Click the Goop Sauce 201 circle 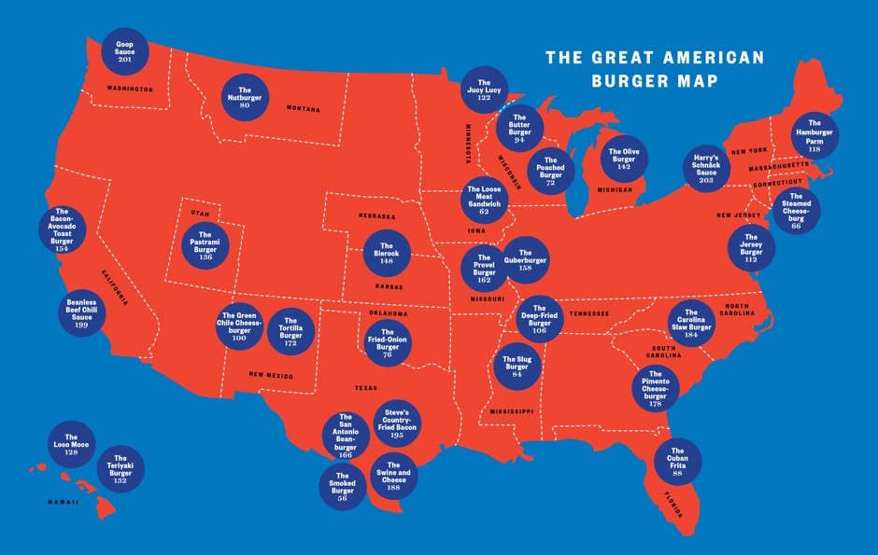(x=125, y=52)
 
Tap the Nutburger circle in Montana (x=245, y=97)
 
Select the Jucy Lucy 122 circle (x=484, y=90)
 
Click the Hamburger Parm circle (x=814, y=136)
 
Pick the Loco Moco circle (x=71, y=444)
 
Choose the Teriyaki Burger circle (x=120, y=469)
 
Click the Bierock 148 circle (x=387, y=254)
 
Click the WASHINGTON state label (x=130, y=89)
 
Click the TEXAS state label (x=365, y=388)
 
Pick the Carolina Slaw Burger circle (x=692, y=323)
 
